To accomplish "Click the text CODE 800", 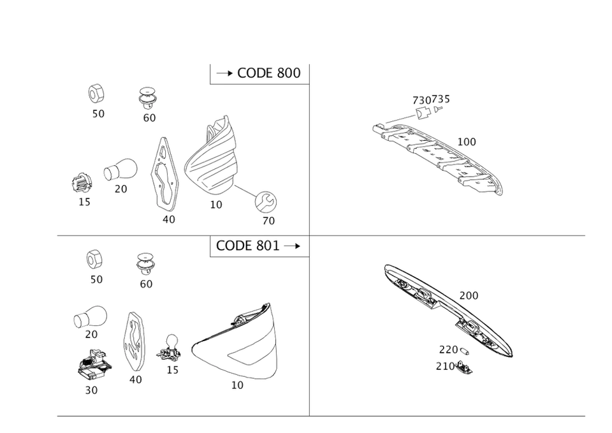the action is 268,73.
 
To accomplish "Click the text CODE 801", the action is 247,246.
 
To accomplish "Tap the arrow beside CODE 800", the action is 223,73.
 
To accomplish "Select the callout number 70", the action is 268,221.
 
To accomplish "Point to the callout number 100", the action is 467,142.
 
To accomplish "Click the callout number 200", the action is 469,296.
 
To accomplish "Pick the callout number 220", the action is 448,349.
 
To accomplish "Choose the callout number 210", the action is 445,366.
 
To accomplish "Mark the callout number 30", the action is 91,390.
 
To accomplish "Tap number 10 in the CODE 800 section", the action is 216,205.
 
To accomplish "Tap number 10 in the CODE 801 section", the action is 237,386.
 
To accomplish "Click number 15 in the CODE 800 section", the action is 84,203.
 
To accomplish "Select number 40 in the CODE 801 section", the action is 135,380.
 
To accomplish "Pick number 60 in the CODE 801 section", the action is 146,284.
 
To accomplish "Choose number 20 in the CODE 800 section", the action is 120,189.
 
